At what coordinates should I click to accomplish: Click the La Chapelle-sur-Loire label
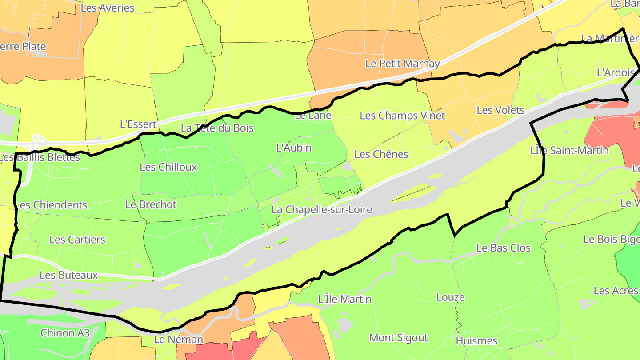[x=322, y=209]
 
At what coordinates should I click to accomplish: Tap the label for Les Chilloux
[x=168, y=167]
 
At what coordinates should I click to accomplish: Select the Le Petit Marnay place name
[x=402, y=64]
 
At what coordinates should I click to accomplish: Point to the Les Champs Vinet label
[x=402, y=116]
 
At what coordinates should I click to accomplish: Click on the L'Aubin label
[x=294, y=148]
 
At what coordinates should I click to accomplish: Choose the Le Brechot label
[x=151, y=204]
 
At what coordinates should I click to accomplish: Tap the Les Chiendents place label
[x=52, y=205]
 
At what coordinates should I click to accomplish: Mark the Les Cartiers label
[x=77, y=240]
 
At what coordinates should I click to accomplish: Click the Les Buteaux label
[x=69, y=275]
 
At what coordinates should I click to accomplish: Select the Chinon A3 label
[x=65, y=333]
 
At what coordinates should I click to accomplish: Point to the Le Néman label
[x=178, y=340]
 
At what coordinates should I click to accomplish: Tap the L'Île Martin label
[x=345, y=299]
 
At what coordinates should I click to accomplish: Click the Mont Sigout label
[x=399, y=338]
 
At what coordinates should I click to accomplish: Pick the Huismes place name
[x=476, y=341]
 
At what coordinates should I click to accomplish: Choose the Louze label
[x=450, y=297]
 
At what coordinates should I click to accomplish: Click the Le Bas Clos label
[x=503, y=248]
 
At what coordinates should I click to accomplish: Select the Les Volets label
[x=500, y=110]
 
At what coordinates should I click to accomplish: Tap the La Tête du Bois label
[x=217, y=128]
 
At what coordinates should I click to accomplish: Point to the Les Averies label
[x=108, y=8]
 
